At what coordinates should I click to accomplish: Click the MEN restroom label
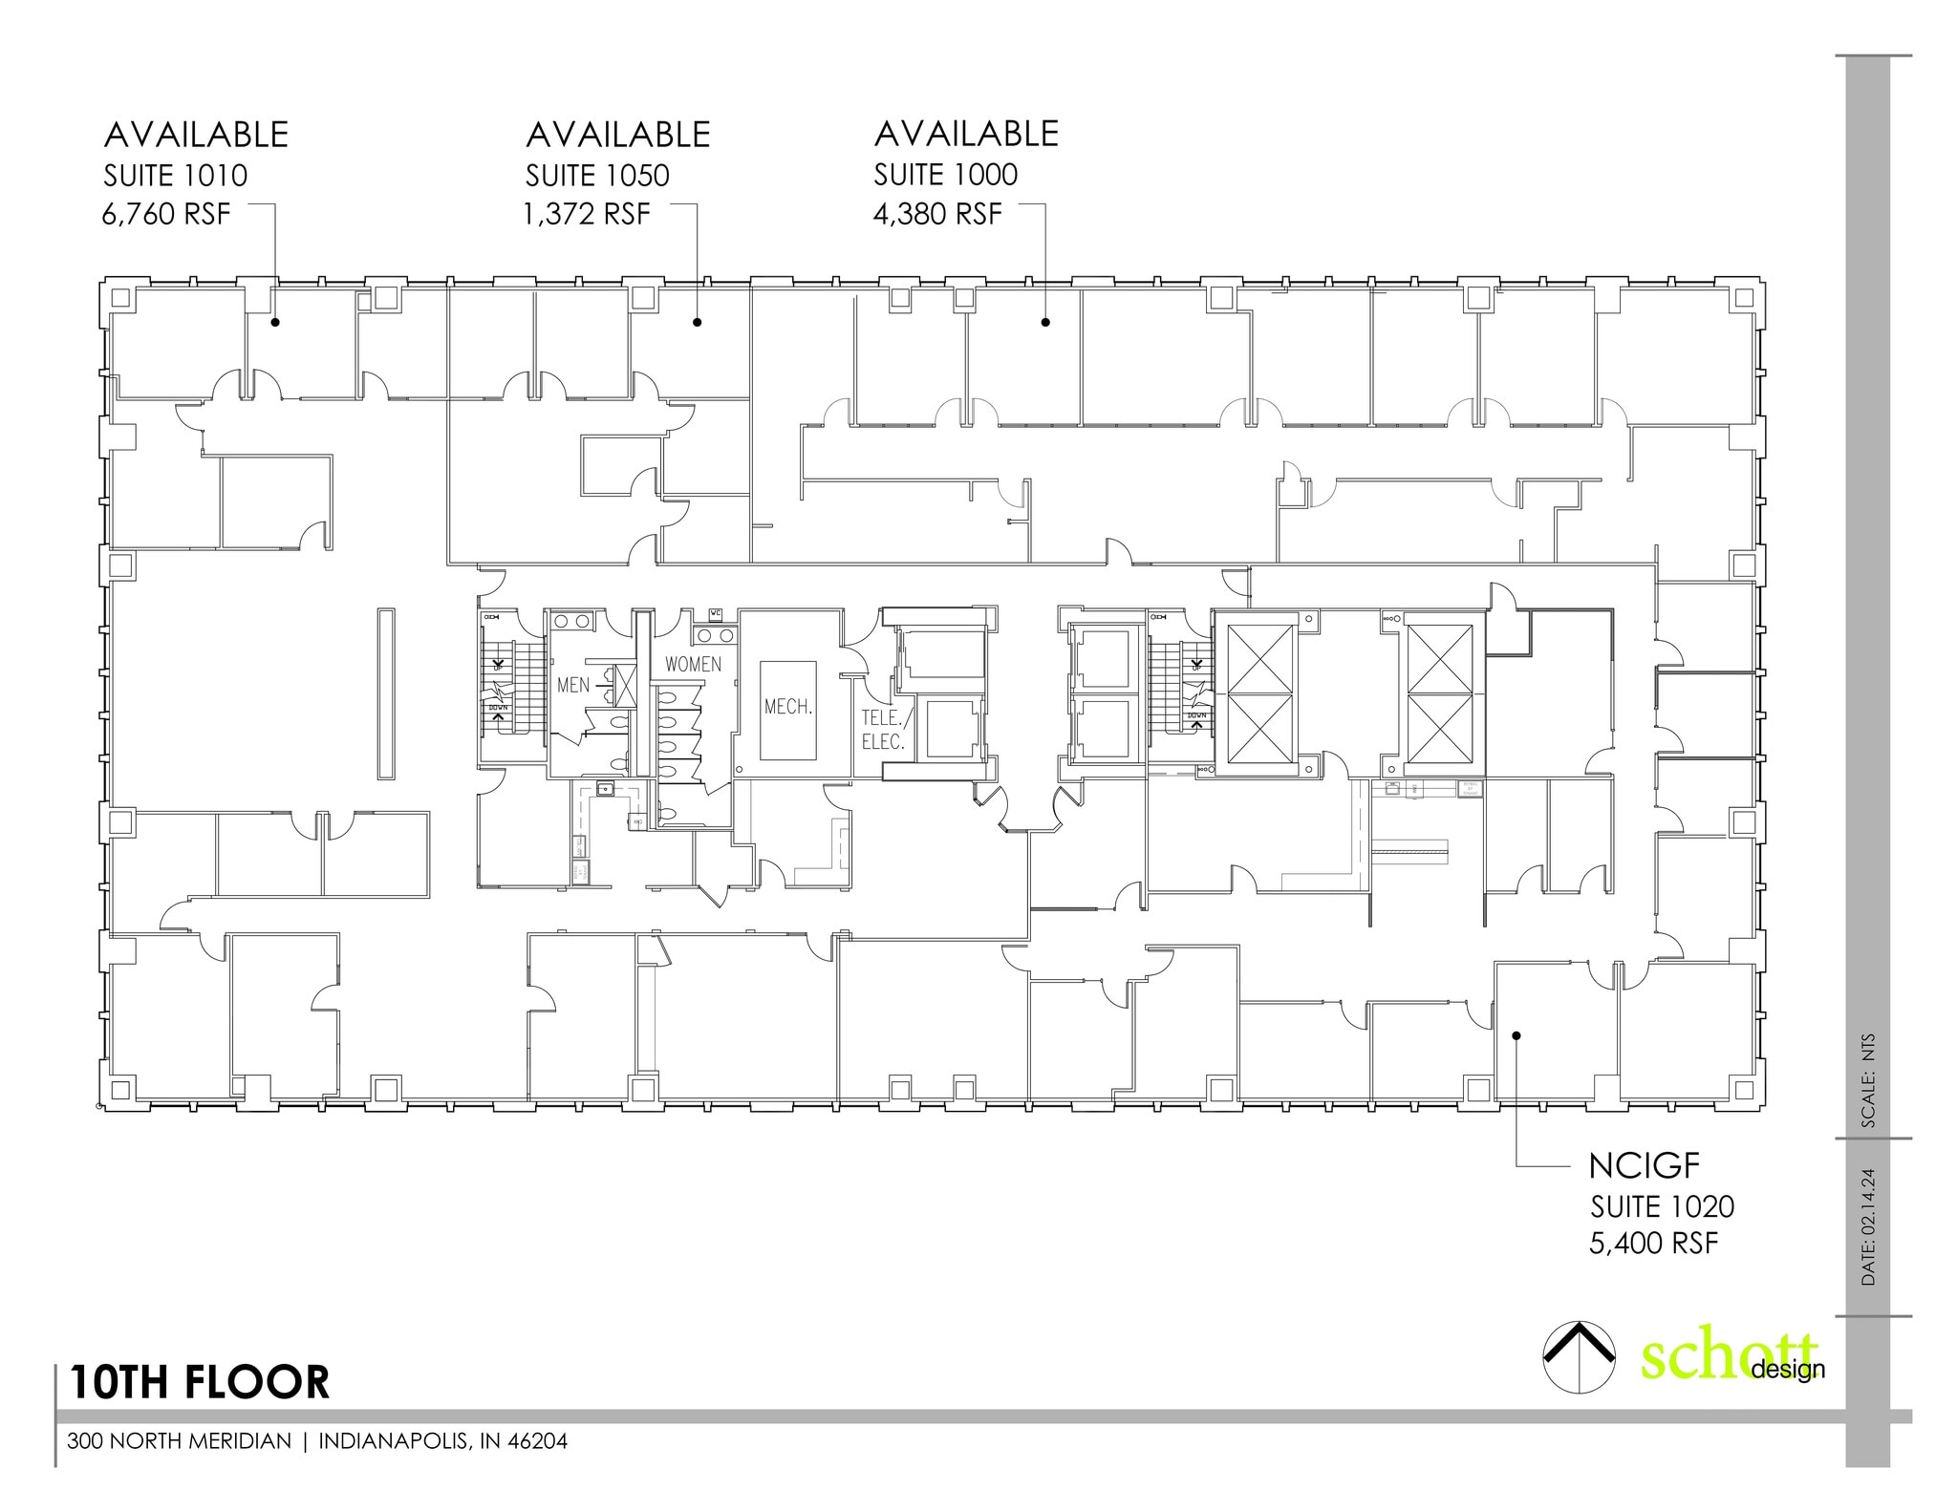pyautogui.click(x=573, y=685)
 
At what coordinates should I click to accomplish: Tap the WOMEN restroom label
pyautogui.click(x=693, y=664)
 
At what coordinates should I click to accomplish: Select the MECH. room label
pyautogui.click(x=788, y=708)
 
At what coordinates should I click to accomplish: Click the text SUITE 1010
pyautogui.click(x=175, y=176)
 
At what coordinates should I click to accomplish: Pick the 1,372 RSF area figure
pyautogui.click(x=587, y=214)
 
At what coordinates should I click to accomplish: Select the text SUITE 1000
pyautogui.click(x=946, y=175)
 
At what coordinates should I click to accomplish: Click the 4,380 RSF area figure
pyautogui.click(x=937, y=214)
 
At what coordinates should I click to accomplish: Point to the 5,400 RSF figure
pyautogui.click(x=1654, y=1244)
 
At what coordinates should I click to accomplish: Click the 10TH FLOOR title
pyautogui.click(x=199, y=1382)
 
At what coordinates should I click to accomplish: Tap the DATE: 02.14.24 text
pyautogui.click(x=1868, y=1226)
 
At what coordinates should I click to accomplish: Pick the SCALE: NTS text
pyautogui.click(x=1868, y=1081)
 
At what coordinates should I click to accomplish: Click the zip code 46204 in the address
pyautogui.click(x=539, y=1441)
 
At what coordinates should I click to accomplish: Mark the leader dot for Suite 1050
pyautogui.click(x=698, y=322)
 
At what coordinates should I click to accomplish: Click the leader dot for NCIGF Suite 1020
pyautogui.click(x=1516, y=1035)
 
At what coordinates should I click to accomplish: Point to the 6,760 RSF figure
pyautogui.click(x=166, y=214)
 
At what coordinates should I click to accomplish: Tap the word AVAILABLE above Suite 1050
pyautogui.click(x=617, y=135)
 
